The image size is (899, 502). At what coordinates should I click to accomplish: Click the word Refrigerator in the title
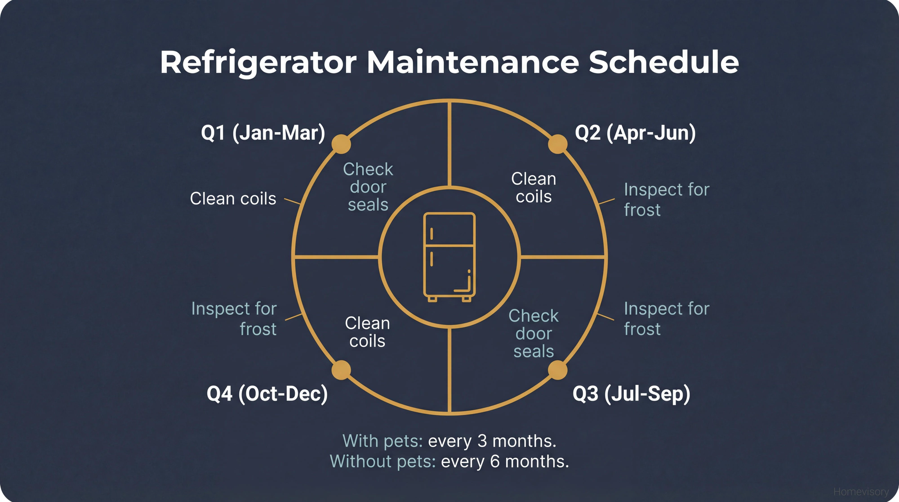point(258,62)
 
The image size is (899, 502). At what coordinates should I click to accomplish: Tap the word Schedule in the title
point(663,62)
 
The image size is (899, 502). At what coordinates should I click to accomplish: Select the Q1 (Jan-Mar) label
point(263,133)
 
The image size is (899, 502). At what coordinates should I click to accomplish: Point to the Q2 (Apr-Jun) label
point(635,133)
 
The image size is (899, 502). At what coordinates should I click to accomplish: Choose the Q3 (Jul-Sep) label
point(631,394)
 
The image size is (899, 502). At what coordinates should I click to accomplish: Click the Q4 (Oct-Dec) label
point(267,394)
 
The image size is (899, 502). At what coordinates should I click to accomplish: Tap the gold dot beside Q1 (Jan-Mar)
point(341,144)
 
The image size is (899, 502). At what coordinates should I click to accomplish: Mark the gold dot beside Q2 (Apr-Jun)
point(558,144)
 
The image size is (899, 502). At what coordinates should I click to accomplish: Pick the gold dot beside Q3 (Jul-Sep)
point(558,370)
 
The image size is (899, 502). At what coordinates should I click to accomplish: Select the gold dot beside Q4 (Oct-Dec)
point(341,370)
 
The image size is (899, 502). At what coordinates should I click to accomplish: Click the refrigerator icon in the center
point(449,257)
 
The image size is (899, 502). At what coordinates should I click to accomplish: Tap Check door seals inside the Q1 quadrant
point(368,187)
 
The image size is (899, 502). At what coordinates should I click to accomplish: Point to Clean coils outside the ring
point(233,198)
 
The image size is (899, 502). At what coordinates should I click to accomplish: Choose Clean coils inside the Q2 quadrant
point(534,188)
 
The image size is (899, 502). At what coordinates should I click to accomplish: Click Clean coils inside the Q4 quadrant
point(367,332)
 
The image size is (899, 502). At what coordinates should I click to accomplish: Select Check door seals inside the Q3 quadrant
point(534,333)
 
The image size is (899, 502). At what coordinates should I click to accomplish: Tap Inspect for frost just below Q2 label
point(666,200)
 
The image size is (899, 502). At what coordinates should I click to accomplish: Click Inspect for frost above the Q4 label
point(234,318)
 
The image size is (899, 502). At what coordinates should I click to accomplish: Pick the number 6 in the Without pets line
point(495,462)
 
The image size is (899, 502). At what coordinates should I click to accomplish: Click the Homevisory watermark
point(861,492)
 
